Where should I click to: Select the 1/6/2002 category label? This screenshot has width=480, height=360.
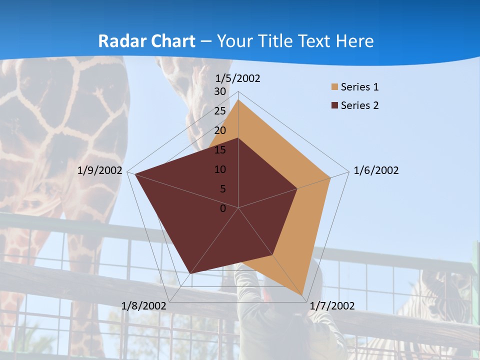coord(376,170)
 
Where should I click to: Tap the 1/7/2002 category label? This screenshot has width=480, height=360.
coord(332,306)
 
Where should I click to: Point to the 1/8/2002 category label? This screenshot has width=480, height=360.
coord(143,306)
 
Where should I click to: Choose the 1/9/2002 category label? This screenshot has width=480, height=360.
coord(99,170)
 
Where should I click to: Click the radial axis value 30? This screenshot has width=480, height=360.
coord(219,91)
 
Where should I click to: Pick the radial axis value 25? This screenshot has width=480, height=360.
coord(219,111)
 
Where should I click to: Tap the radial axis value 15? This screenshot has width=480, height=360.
coord(219,150)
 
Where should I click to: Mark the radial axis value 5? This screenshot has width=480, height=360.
coord(222,189)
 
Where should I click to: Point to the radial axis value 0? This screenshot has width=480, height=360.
coord(223,208)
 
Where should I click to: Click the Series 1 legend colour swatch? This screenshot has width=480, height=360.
coord(334,87)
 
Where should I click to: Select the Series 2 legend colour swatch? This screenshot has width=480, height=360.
coord(334,105)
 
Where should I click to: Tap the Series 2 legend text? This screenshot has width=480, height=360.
coord(359,105)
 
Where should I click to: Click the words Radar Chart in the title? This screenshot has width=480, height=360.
coord(146,41)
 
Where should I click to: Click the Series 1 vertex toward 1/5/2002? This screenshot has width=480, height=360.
coord(238,100)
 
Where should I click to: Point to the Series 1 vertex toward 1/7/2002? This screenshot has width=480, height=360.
coord(302,294)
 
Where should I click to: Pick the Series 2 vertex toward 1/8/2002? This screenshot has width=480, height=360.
coord(190,273)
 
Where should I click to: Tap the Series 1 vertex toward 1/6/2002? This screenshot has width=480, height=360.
coord(330,177)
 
